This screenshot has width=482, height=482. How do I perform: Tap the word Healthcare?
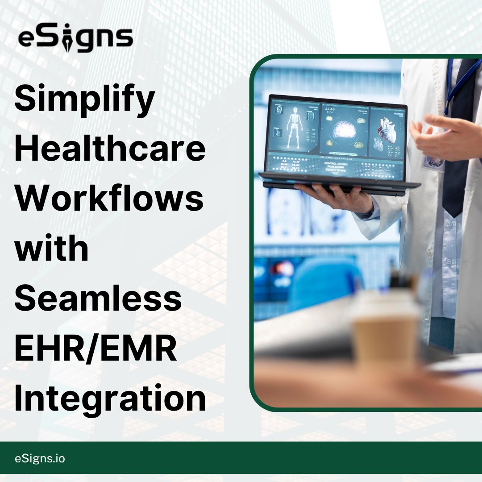click(x=110, y=150)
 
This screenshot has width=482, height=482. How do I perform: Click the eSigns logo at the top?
click(x=75, y=39)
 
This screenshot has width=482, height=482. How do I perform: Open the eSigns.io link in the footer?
click(x=39, y=458)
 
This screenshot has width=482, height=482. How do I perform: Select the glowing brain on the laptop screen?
click(x=344, y=130)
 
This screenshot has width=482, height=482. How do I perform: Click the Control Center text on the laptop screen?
click(x=337, y=164)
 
